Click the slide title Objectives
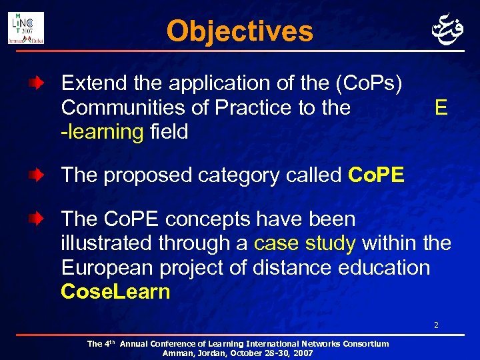click(x=239, y=31)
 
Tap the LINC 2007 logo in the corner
click(x=26, y=28)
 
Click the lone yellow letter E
click(x=440, y=108)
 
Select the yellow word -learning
click(x=102, y=131)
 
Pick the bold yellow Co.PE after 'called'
click(x=376, y=175)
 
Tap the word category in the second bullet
click(x=250, y=175)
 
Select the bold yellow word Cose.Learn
click(x=115, y=291)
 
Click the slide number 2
click(x=436, y=326)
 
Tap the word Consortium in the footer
click(x=364, y=344)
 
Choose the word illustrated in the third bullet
click(x=107, y=243)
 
